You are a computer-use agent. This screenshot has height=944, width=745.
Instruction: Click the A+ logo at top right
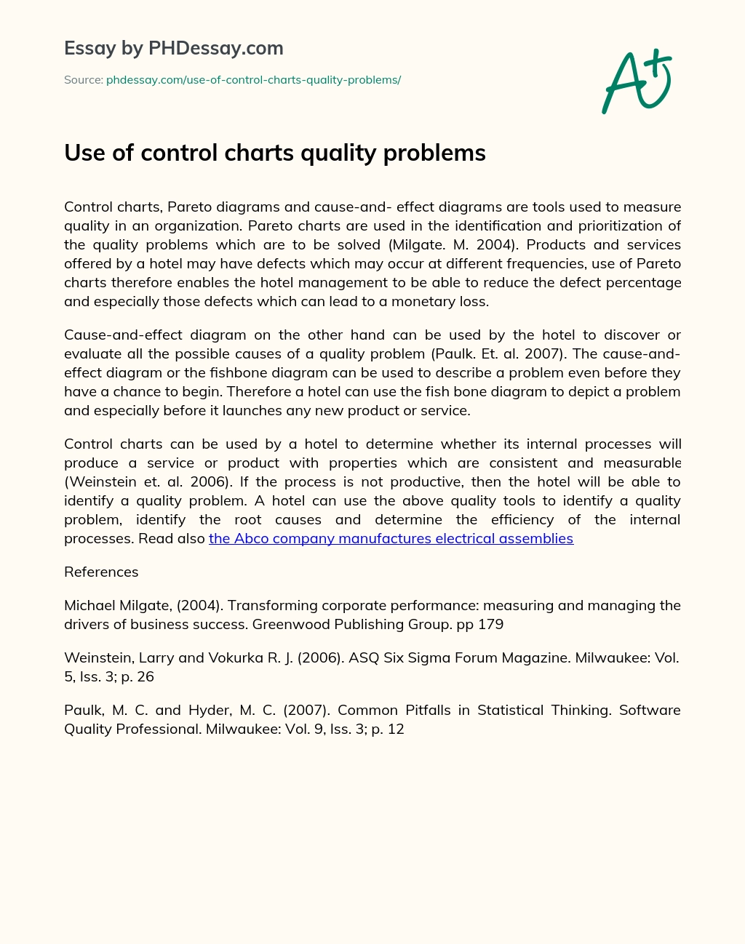[637, 81]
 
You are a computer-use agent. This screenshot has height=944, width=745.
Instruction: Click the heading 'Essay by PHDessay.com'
[174, 48]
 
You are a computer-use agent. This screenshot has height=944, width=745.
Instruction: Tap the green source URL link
[253, 80]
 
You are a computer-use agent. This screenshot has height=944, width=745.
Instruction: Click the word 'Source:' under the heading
[83, 80]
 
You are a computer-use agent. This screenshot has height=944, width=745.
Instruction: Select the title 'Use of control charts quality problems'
[274, 153]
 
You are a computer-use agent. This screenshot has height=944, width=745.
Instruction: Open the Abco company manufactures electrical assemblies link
[391, 538]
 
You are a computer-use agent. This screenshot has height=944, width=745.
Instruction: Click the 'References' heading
[101, 572]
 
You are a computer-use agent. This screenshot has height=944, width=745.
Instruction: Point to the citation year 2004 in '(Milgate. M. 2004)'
[495, 244]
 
